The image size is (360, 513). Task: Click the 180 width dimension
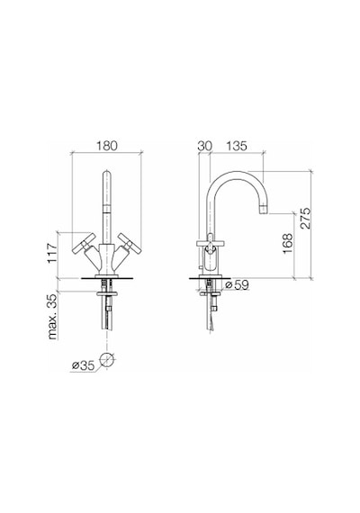pos(106,146)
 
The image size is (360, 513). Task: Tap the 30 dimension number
pos(205,146)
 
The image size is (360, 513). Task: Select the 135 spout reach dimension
pos(237,146)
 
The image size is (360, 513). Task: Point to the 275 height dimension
pos(305,218)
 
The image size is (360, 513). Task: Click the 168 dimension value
pos(288,243)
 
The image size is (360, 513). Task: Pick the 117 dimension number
pos(53,253)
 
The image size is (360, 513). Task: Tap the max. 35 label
pos(53,317)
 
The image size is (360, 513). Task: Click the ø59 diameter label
pos(238,284)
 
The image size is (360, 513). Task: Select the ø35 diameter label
pos(83,365)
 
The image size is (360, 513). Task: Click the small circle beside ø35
pos(107,361)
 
